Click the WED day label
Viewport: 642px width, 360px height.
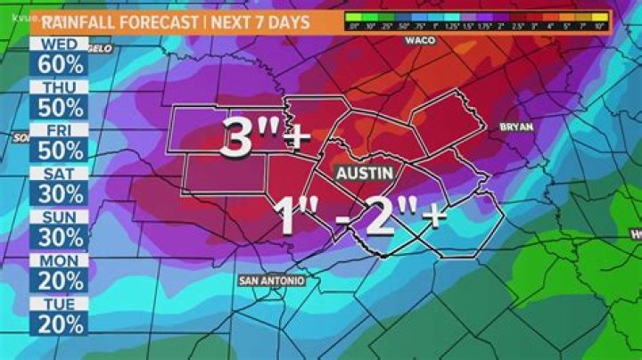(60, 44)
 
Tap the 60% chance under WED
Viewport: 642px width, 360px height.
(60, 64)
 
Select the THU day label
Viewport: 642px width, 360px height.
(60, 86)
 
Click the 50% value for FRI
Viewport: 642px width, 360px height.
(60, 151)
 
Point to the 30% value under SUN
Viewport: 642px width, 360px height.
(60, 237)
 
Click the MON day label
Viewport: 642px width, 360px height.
(60, 259)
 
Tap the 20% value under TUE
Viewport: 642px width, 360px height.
(60, 323)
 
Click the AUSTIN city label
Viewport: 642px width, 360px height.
(365, 171)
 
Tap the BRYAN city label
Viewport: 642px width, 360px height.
(516, 127)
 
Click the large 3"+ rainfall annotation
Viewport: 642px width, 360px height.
(264, 139)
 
